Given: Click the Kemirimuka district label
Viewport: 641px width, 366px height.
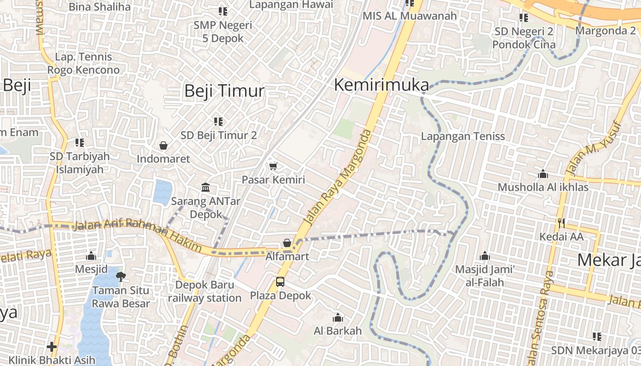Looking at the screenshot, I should [x=381, y=85].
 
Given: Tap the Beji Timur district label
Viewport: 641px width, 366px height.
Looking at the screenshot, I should [x=224, y=91].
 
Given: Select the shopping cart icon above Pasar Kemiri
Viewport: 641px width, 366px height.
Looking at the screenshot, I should [x=273, y=166].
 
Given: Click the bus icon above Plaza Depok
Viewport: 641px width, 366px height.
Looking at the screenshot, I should [x=280, y=282].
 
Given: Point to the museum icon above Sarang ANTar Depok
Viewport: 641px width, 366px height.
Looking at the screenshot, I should [x=206, y=188].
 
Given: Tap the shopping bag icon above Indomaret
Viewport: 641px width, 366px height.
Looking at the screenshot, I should [x=163, y=146].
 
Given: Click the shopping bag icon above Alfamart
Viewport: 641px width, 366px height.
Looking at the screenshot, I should [x=287, y=243].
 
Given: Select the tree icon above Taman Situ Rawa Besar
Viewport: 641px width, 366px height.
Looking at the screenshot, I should [x=121, y=276].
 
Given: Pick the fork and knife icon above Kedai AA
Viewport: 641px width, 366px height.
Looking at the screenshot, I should [x=561, y=223].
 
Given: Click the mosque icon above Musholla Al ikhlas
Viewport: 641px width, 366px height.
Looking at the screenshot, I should [x=543, y=174].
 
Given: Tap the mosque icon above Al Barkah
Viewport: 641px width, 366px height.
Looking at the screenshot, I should [x=338, y=318].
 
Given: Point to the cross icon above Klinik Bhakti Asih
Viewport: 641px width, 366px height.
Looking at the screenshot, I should [x=52, y=346].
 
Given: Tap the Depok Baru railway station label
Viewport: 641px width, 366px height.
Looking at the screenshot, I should [x=205, y=291].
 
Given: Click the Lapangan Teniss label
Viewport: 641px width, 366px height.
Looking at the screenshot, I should [x=463, y=136].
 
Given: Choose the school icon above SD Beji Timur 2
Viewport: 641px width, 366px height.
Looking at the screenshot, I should [x=218, y=122].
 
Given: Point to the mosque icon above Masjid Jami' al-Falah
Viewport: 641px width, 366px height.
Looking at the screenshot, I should [x=485, y=256].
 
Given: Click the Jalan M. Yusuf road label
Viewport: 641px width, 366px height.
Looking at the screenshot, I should [x=594, y=148].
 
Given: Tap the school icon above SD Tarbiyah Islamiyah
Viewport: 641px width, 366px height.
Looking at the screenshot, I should [x=80, y=143].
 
